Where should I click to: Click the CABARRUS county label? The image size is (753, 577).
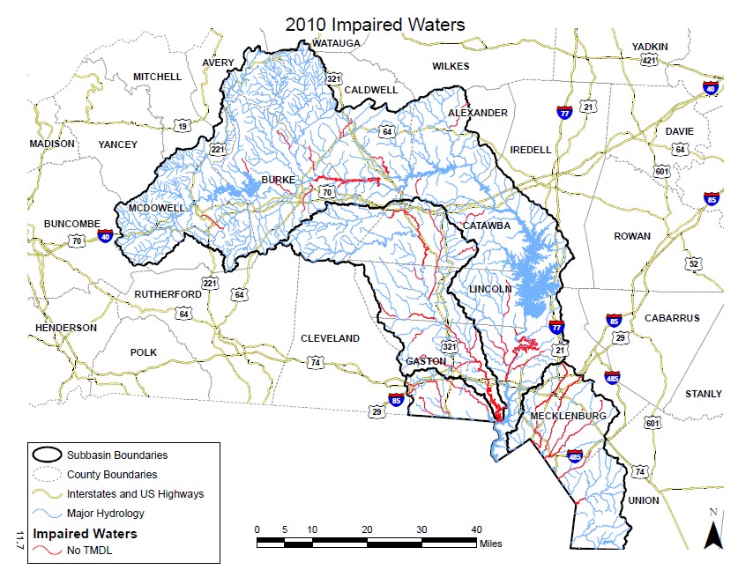pos(671,318)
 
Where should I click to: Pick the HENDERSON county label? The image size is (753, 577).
pos(65,328)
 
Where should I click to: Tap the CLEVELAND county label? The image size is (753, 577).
pos(331,338)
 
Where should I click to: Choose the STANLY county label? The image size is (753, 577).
pos(703,394)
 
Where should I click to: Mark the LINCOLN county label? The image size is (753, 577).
pos(490,289)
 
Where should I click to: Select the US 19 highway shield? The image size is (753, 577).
pos(183,127)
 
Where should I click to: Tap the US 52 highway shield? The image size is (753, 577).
pos(695,264)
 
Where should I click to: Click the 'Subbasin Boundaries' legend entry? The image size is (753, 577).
pos(116,455)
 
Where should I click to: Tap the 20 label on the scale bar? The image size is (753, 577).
pos(366,529)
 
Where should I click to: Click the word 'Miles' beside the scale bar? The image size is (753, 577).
pos(490,544)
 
